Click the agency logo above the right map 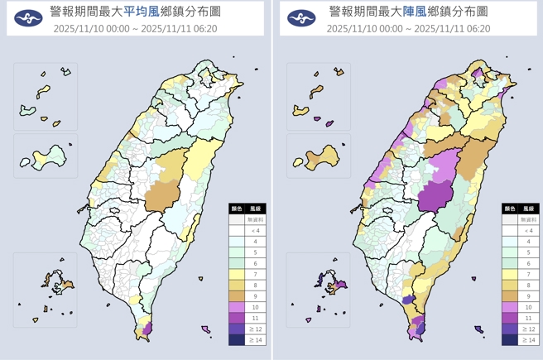[301, 18]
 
